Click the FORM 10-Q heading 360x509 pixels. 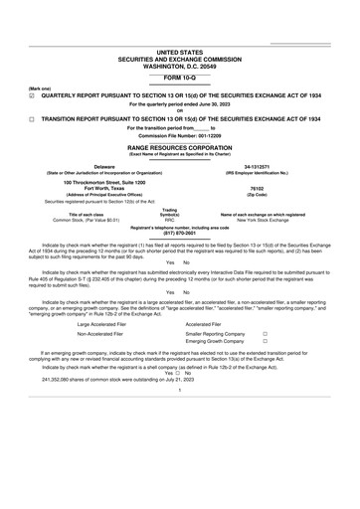point(180,76)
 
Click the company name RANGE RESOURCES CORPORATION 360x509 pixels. point(180,145)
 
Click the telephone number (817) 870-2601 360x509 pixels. point(180,234)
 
